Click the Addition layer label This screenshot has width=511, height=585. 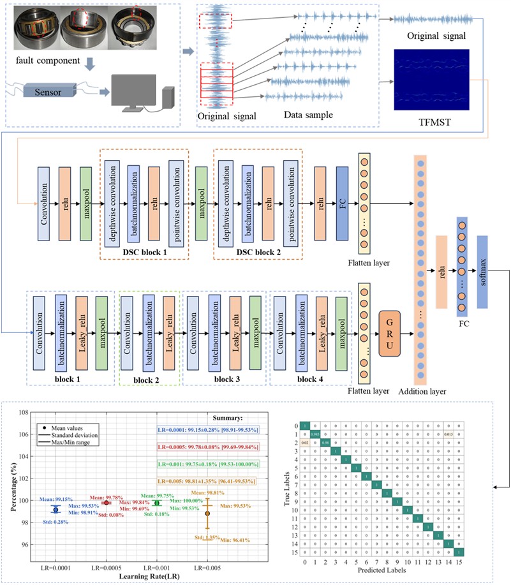pos(420,390)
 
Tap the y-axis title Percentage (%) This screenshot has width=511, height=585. pos(14,484)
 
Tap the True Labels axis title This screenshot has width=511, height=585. pos(288,488)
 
